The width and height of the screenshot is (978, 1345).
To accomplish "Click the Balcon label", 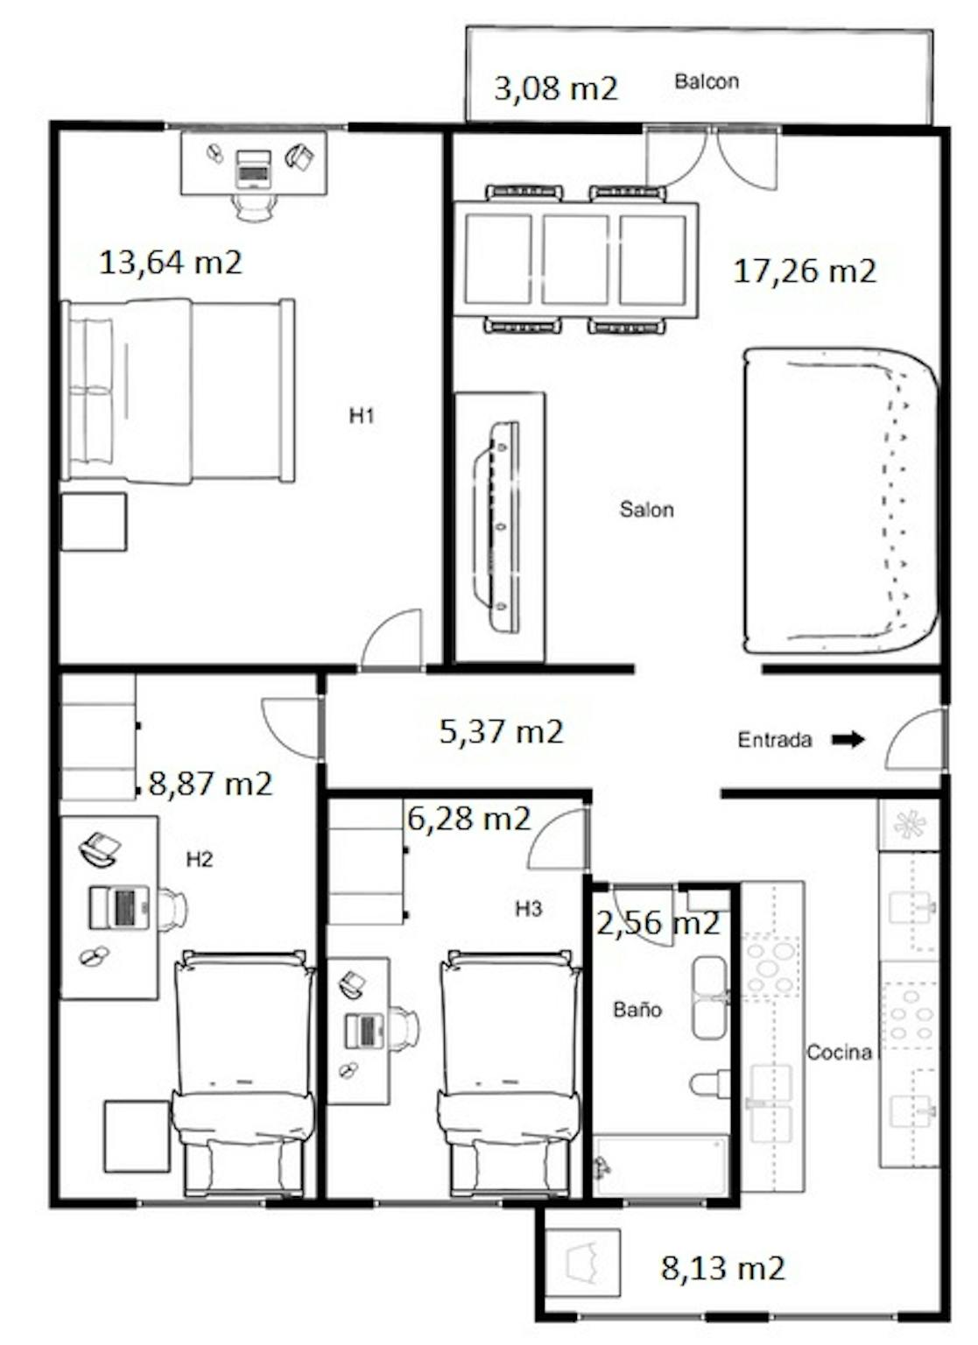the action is click(x=706, y=81).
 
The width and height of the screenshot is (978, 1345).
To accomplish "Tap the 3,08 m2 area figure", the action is click(x=556, y=88).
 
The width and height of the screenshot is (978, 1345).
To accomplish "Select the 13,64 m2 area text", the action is click(x=171, y=263).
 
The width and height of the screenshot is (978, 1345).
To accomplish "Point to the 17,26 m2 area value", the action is click(x=805, y=271).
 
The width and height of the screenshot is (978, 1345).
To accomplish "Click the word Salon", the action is click(x=646, y=510).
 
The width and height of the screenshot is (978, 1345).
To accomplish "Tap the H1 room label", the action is click(x=362, y=416).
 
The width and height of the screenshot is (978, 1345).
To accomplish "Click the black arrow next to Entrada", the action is click(x=848, y=739).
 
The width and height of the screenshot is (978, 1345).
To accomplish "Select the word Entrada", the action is click(x=775, y=740).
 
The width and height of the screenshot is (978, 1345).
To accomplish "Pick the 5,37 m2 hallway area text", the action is click(x=502, y=732).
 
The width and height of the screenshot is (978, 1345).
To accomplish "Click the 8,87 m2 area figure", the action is click(x=210, y=784).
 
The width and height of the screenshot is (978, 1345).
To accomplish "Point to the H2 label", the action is click(x=200, y=860).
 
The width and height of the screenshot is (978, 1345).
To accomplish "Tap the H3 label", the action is click(x=528, y=909).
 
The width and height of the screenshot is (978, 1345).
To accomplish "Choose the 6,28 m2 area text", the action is click(x=469, y=818).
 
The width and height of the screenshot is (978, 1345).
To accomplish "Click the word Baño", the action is click(x=637, y=1010).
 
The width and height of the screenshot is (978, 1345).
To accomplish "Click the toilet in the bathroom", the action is click(x=709, y=1084).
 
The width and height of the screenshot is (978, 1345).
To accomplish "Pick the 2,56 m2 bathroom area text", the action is click(x=658, y=923).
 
